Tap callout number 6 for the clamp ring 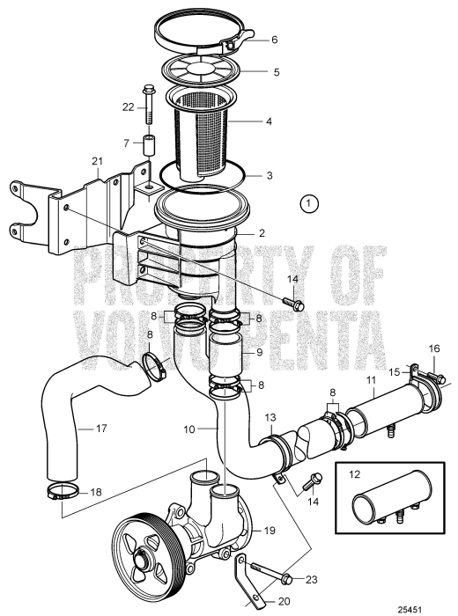coord(274,40)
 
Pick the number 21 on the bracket coord(98,161)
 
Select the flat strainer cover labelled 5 coord(203,68)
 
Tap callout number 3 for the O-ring coord(270,176)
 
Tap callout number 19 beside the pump coord(270,531)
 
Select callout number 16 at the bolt coord(433,348)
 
